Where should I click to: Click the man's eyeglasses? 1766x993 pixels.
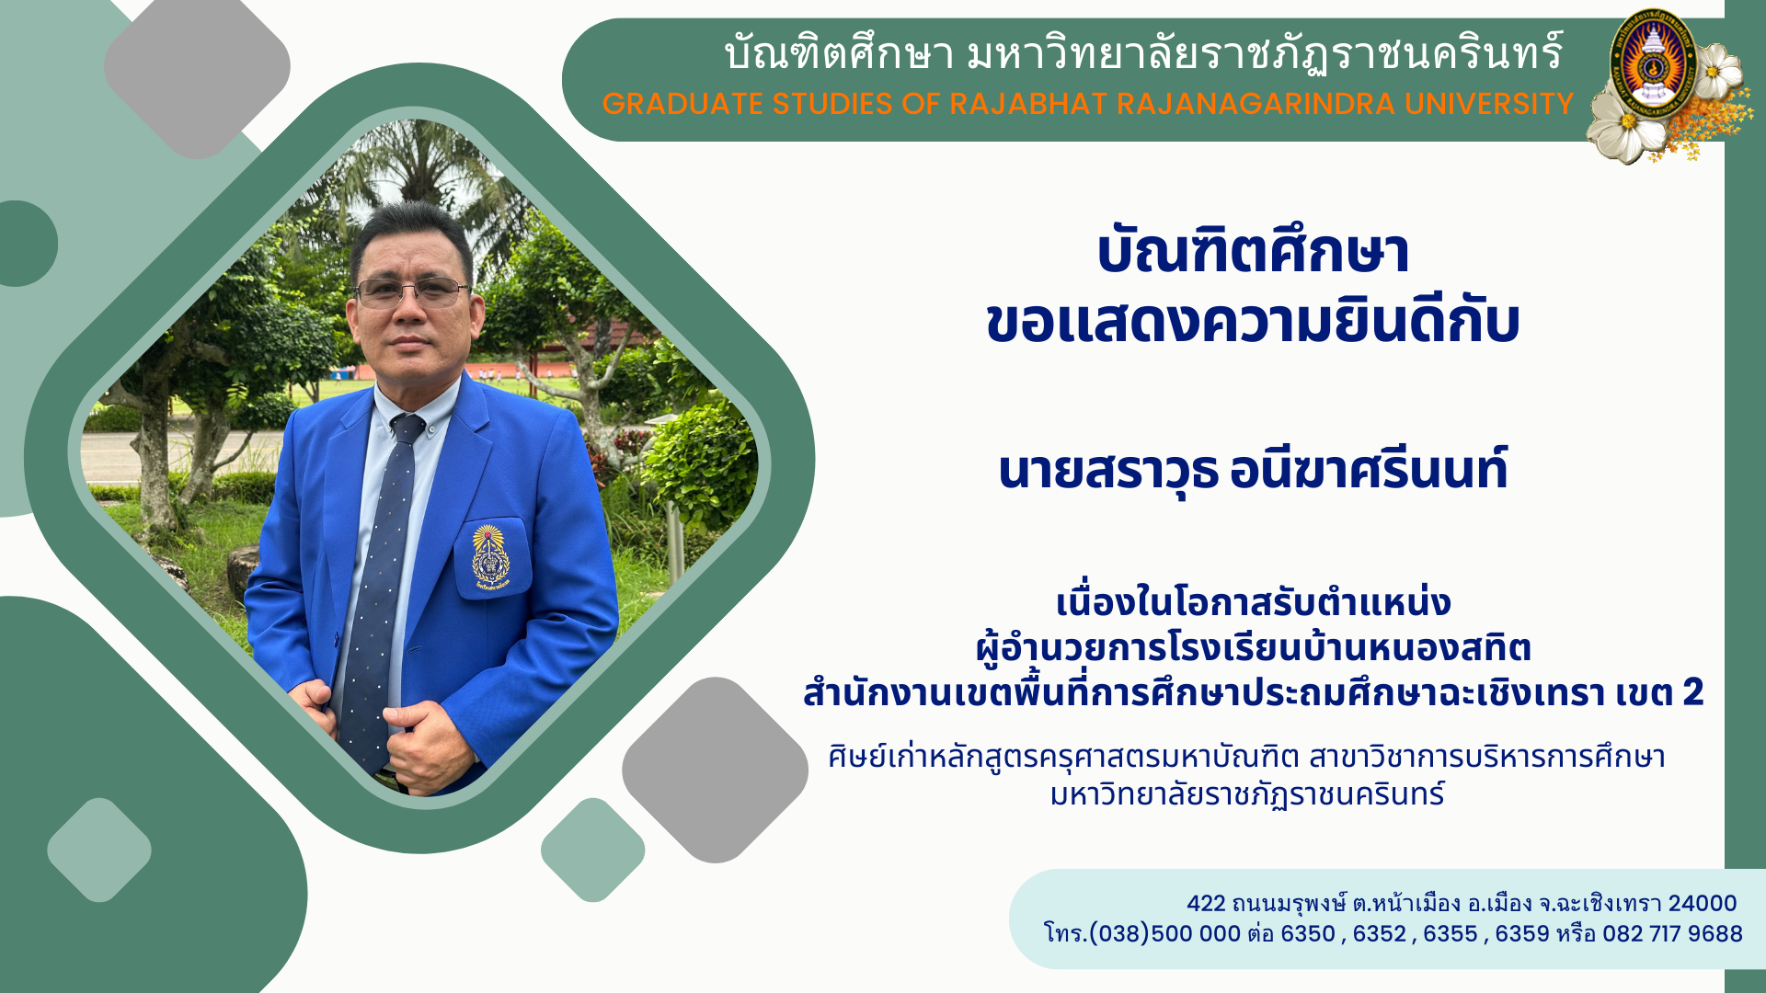coord(411,292)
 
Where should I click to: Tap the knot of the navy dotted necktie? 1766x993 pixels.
coord(407,428)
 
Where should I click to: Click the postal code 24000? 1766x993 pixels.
coord(1703,904)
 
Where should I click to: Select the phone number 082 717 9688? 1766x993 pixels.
coord(1672,934)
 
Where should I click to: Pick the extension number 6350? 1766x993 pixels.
coord(1308,934)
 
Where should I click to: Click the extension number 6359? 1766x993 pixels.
coord(1522,934)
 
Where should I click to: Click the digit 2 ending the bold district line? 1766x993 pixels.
coord(1693,691)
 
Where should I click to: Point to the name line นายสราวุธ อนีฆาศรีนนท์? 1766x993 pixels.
coord(1253,469)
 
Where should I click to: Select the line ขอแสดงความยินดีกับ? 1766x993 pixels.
coord(1253,322)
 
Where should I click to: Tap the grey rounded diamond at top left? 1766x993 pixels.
coord(197,67)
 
